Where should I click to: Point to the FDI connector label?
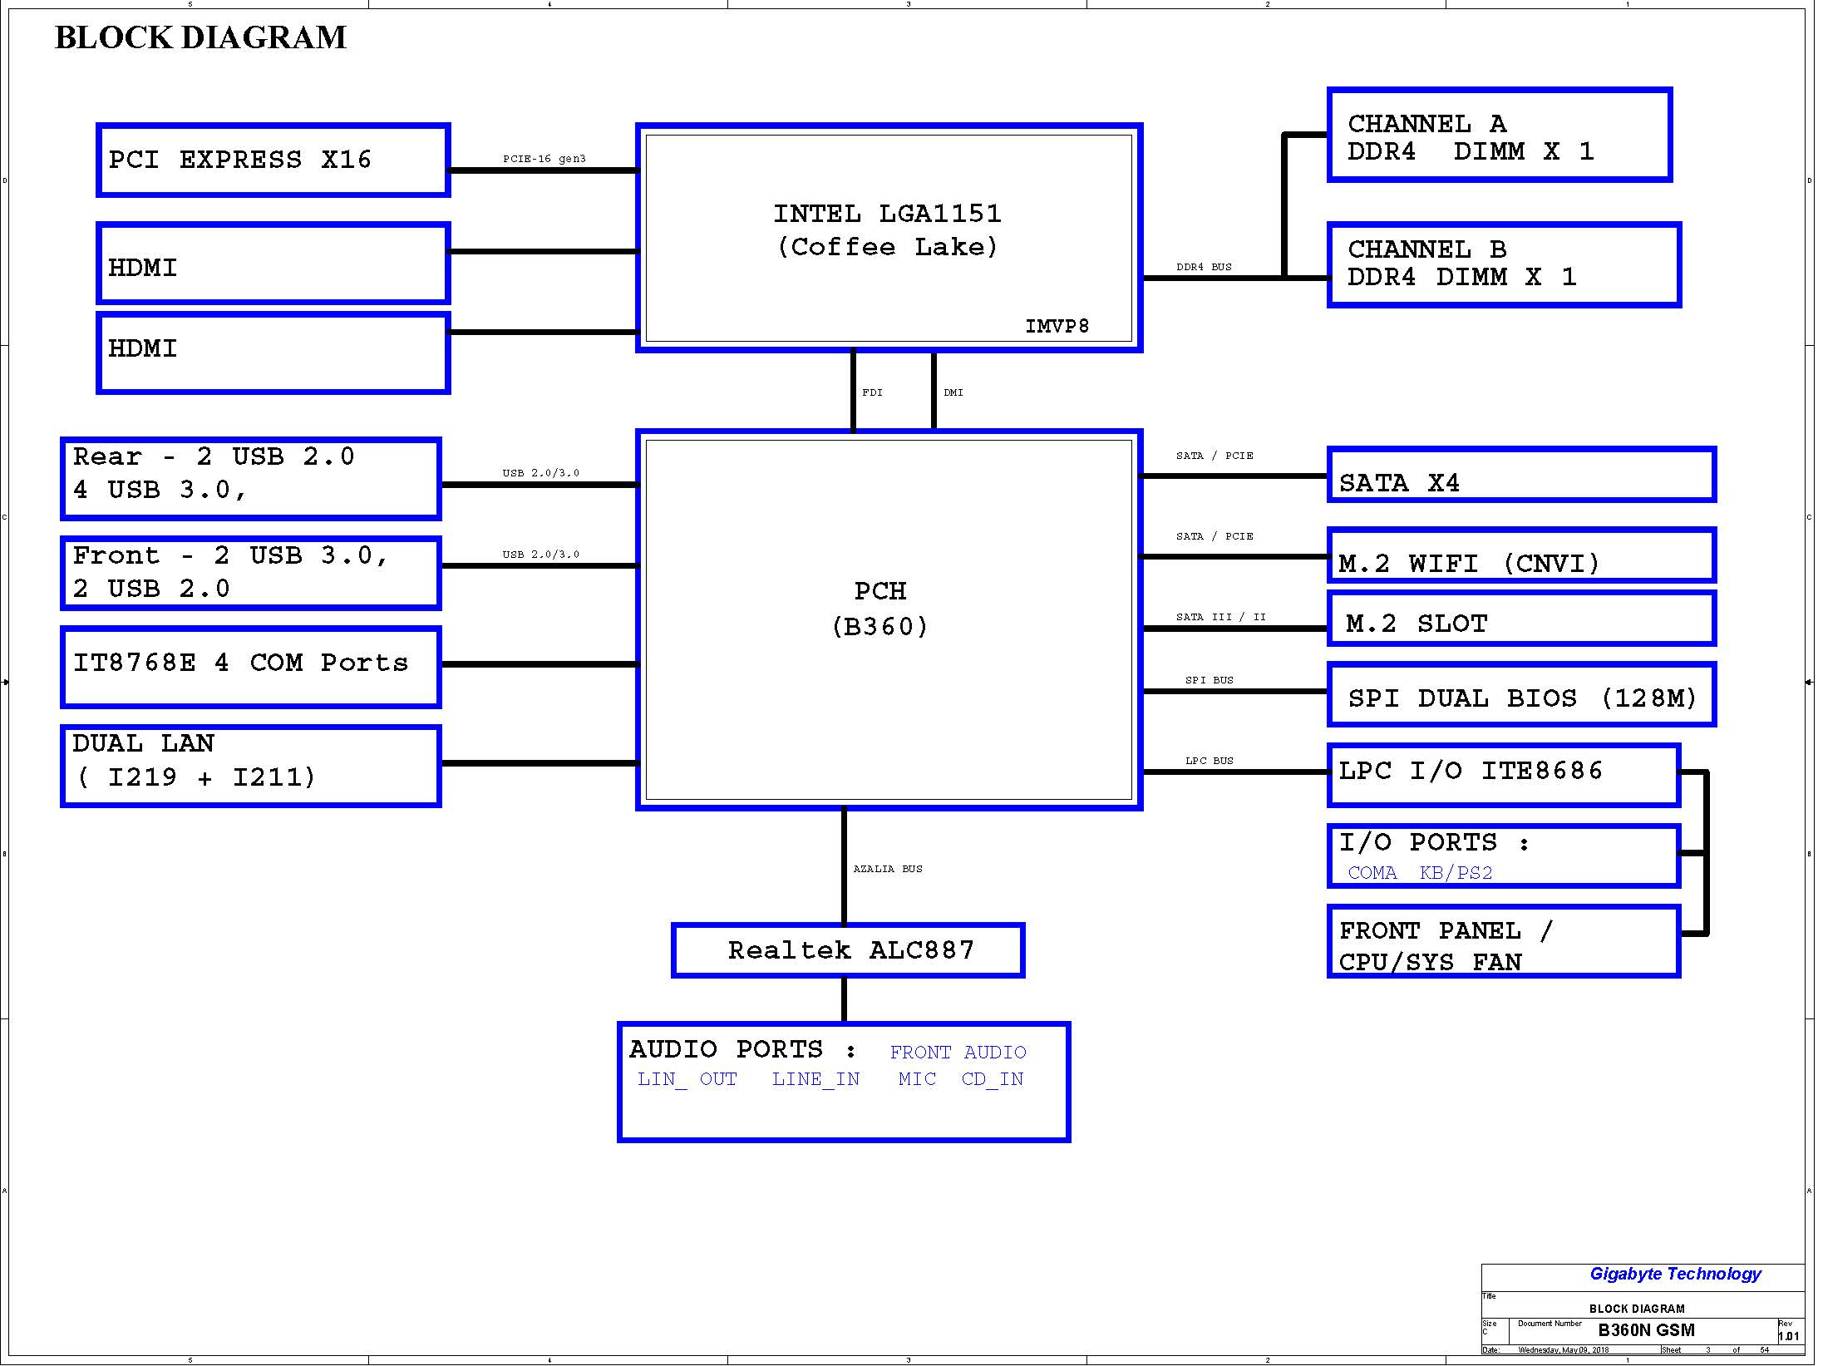[872, 392]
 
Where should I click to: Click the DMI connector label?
[953, 392]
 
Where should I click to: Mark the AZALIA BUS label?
[888, 869]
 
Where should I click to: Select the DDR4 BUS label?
[1204, 267]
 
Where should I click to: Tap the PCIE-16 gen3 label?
[544, 159]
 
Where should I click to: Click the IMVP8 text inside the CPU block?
[1057, 326]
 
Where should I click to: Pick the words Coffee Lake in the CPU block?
[887, 247]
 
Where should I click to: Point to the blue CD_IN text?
[993, 1079]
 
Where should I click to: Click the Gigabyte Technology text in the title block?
[1675, 1275]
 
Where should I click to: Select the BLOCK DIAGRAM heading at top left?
[200, 37]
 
